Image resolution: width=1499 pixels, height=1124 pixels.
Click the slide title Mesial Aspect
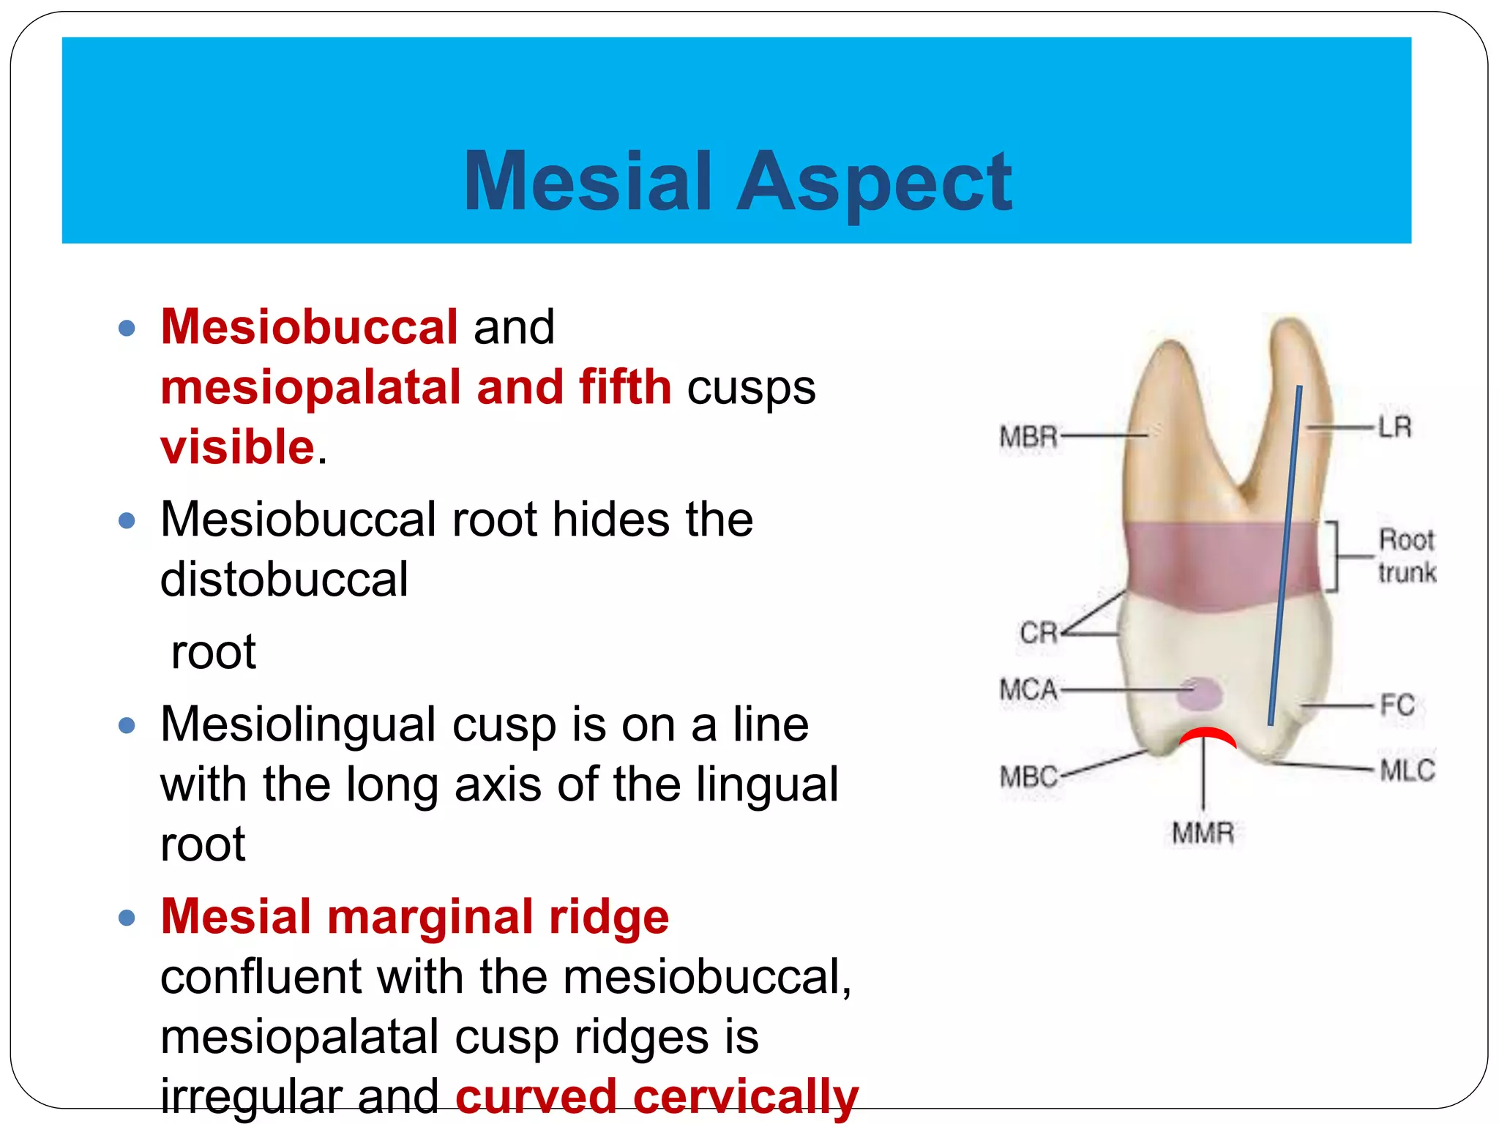(738, 181)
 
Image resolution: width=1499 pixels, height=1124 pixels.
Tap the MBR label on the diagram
(1028, 437)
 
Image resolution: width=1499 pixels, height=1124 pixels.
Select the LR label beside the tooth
(1394, 427)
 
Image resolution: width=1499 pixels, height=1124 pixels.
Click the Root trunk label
(1406, 556)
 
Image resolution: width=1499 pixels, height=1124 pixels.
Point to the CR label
(1039, 633)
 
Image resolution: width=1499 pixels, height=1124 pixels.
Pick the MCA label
(1028, 690)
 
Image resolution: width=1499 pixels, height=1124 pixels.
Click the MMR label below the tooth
(1203, 833)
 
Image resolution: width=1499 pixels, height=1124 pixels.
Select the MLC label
(1407, 771)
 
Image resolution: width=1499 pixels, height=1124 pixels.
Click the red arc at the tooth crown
(1208, 735)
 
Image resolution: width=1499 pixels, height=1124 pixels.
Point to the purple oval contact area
(1199, 694)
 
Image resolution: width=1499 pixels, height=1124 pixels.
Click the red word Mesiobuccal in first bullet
(309, 326)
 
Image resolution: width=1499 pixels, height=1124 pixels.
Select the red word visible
(238, 447)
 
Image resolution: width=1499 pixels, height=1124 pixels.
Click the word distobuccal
(284, 580)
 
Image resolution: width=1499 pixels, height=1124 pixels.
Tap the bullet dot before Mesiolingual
(127, 725)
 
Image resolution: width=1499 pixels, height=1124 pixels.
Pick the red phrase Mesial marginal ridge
(414, 916)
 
